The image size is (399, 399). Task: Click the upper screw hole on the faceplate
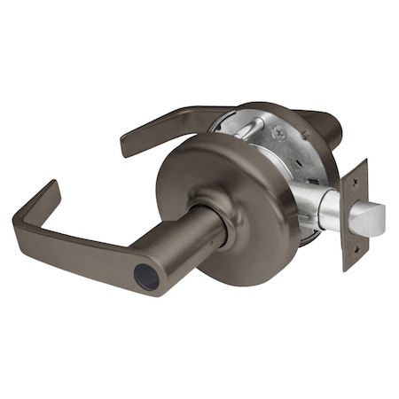click(357, 176)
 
